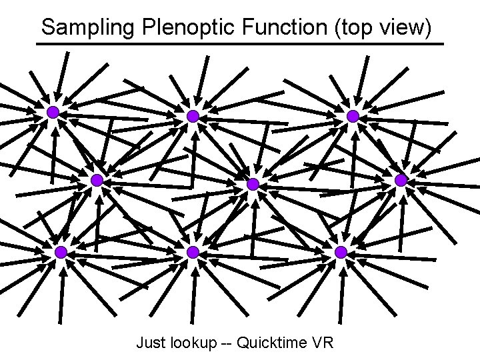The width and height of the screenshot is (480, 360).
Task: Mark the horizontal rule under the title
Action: click(240, 45)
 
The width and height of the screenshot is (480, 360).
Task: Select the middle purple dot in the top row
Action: click(193, 116)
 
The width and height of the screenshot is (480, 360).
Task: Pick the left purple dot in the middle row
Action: click(97, 180)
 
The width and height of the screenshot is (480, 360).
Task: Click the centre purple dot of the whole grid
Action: click(253, 184)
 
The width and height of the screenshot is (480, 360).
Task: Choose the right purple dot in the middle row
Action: click(401, 180)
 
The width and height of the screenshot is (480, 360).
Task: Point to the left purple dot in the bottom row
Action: click(61, 252)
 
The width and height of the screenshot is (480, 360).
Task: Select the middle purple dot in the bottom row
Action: click(193, 252)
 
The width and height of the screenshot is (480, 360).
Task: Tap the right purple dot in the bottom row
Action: click(341, 252)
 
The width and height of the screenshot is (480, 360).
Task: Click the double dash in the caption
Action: click(230, 344)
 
